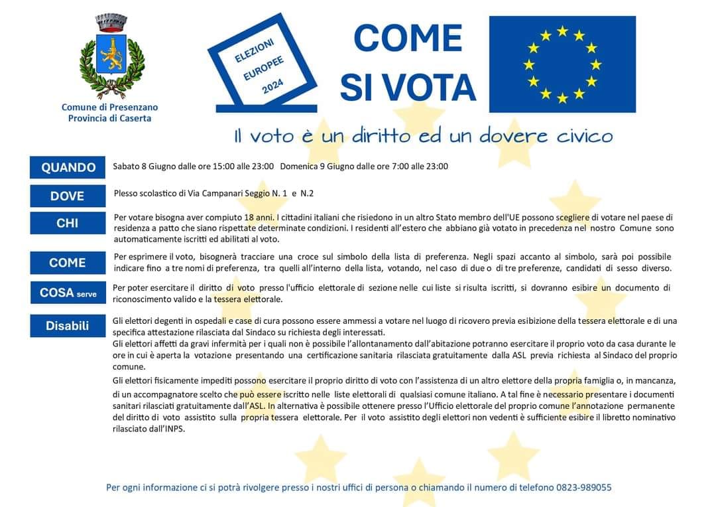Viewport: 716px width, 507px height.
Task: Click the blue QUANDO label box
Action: (x=68, y=167)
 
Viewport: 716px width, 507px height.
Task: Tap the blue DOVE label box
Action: (x=67, y=196)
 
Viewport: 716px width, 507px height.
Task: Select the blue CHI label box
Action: (x=67, y=223)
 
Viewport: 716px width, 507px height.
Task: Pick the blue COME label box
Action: (x=67, y=263)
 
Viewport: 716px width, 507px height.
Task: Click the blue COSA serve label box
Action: (x=67, y=292)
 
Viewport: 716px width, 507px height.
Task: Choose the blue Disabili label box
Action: (x=67, y=325)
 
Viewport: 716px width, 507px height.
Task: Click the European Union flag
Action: (x=562, y=64)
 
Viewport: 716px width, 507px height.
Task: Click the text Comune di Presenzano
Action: (x=110, y=107)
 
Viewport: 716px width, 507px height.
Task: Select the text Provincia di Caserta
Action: (x=110, y=118)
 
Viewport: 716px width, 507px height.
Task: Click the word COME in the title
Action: (x=408, y=38)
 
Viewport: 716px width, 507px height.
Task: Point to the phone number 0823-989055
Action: (x=584, y=487)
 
